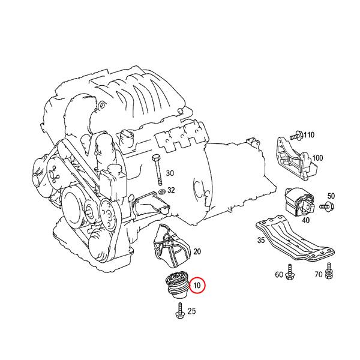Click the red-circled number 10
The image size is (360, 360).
(x=197, y=284)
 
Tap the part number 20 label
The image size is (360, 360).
(x=197, y=251)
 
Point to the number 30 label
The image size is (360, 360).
(x=170, y=173)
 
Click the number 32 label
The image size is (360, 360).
(x=171, y=190)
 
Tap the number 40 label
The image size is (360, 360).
(x=305, y=220)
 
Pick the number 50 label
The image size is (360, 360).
(x=331, y=196)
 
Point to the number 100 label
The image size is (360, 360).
(x=318, y=158)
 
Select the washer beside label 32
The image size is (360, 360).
(x=160, y=191)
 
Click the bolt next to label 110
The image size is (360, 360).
(x=297, y=134)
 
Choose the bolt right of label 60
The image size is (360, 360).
(x=289, y=271)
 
